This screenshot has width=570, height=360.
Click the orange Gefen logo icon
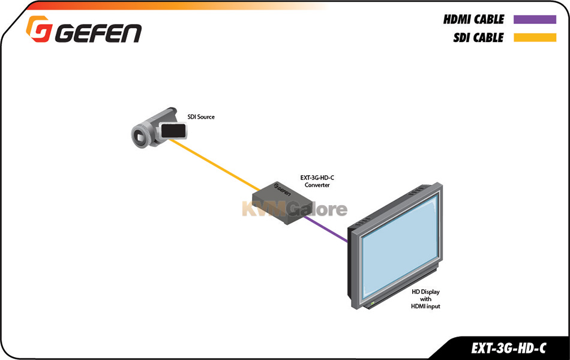(39, 29)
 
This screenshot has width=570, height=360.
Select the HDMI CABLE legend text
(473, 19)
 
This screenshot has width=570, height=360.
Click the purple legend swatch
(535, 20)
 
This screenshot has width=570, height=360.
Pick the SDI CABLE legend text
(478, 37)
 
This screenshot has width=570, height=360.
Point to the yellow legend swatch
(535, 37)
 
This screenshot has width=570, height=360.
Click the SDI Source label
(201, 117)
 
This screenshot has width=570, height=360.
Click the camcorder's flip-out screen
(173, 131)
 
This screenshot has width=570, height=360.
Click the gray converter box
(282, 203)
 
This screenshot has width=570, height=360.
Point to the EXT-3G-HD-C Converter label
(317, 181)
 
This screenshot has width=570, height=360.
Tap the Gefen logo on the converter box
(282, 190)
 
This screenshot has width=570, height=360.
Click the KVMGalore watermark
(295, 209)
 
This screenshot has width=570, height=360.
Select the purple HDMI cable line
(326, 229)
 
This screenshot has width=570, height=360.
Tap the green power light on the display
(372, 302)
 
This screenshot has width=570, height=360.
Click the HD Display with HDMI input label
(425, 299)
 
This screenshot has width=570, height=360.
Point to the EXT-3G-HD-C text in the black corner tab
(508, 349)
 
